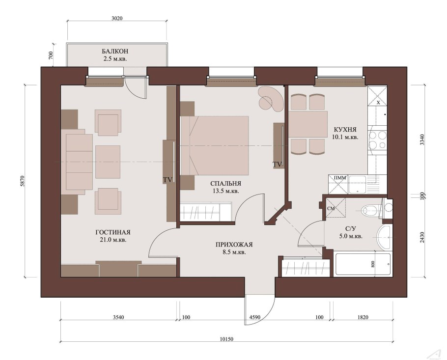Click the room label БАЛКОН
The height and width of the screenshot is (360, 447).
tap(115, 51)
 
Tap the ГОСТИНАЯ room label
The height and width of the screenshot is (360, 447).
tap(113, 232)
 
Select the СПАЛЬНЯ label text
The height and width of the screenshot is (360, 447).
tap(225, 184)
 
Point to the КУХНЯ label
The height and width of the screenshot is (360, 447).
tap(345, 129)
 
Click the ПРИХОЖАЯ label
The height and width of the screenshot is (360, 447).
tap(234, 245)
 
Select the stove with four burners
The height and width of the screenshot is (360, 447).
tap(377, 140)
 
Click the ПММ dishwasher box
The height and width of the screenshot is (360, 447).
tap(338, 184)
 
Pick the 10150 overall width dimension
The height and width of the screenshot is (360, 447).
tap(226, 339)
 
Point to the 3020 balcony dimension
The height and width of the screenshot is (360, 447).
tap(117, 18)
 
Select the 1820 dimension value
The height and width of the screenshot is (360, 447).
tap(363, 317)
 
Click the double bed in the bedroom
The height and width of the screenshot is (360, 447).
tap(215, 145)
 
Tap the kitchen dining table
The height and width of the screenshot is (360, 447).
tap(308, 124)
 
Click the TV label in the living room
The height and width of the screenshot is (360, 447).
tap(168, 180)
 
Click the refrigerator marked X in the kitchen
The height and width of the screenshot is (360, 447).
tap(377, 96)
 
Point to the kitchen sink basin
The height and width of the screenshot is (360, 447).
tap(358, 184)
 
